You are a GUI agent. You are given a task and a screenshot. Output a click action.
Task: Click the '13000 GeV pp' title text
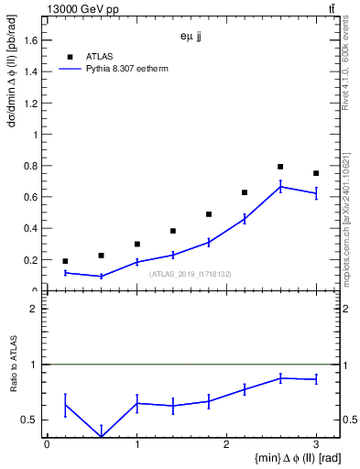78,8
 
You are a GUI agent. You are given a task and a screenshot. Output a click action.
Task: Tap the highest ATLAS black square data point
280,167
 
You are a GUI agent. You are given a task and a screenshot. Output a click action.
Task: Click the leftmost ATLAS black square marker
65,261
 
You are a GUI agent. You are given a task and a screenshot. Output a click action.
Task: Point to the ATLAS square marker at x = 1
136,244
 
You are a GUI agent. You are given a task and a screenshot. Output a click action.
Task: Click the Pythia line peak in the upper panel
280,187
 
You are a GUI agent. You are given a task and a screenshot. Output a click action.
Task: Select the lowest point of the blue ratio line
101,437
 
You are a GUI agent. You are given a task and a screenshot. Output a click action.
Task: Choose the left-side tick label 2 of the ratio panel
37,309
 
